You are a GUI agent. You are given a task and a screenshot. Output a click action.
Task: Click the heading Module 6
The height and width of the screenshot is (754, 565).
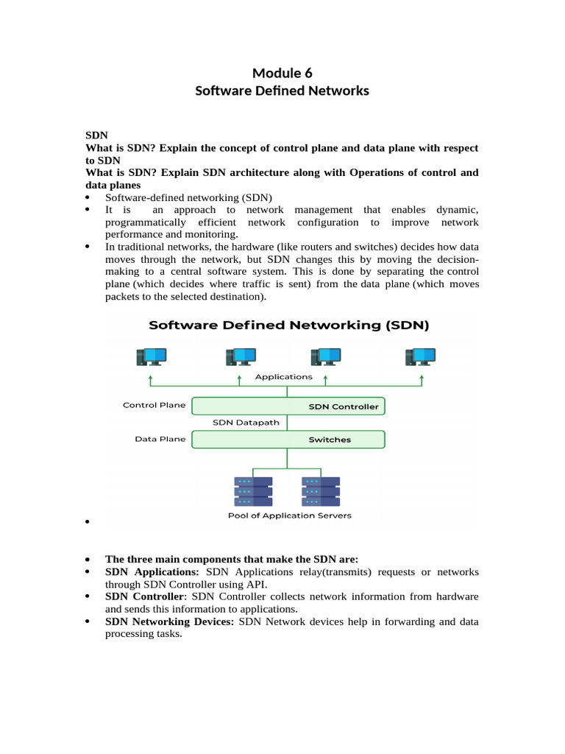282,72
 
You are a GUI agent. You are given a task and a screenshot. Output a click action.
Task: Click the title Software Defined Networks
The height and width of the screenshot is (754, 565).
282,91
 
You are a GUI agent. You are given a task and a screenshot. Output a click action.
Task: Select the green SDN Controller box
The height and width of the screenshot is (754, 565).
288,406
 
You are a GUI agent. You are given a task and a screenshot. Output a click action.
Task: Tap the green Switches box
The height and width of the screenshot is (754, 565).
288,440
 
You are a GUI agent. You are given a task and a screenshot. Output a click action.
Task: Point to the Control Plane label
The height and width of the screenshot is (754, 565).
154,405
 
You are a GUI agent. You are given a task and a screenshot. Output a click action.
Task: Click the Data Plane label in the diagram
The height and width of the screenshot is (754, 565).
160,439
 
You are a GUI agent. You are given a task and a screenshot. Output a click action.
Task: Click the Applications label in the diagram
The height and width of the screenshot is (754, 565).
283,377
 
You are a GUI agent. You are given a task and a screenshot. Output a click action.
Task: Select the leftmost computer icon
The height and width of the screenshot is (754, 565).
150,357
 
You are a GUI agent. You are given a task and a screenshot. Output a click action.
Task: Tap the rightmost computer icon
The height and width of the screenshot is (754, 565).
421,357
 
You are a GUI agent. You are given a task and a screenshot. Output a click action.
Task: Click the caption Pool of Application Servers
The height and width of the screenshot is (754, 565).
289,515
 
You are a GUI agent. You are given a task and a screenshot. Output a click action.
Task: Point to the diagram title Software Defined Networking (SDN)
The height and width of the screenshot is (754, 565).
289,325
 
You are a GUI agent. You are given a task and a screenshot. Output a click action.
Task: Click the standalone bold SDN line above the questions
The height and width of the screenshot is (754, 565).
96,135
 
